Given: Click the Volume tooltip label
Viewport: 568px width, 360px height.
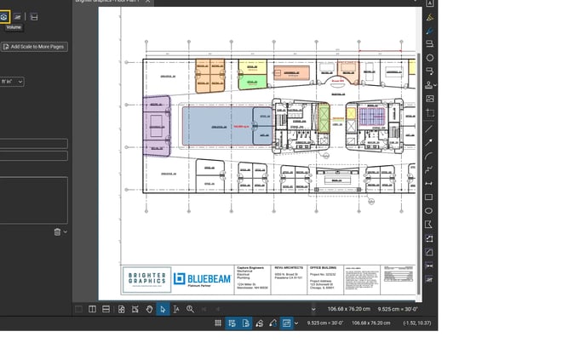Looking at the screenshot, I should (14, 27).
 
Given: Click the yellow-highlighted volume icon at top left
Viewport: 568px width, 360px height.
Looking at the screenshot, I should (4, 16).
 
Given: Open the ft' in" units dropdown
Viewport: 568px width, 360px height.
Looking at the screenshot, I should (12, 82).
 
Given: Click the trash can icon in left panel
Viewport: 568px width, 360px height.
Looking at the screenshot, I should (57, 231).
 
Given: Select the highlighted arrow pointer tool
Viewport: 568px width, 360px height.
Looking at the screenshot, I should (162, 308).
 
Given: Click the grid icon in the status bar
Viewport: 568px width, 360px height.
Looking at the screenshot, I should (218, 323).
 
